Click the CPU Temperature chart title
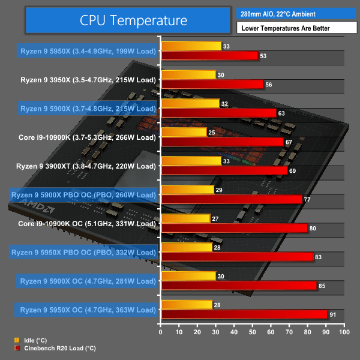(133, 20)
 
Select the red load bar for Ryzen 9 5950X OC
(244, 314)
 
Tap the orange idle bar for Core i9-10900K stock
(183, 132)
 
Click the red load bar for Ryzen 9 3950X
(212, 85)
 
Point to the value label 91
(333, 314)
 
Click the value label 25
(211, 132)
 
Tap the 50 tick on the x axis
(252, 332)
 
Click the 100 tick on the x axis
(343, 332)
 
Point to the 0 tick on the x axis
(160, 332)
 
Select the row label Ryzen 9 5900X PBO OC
(83, 195)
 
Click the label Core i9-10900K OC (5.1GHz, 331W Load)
(87, 223)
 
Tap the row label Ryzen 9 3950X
(88, 80)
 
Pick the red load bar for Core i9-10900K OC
(234, 228)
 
